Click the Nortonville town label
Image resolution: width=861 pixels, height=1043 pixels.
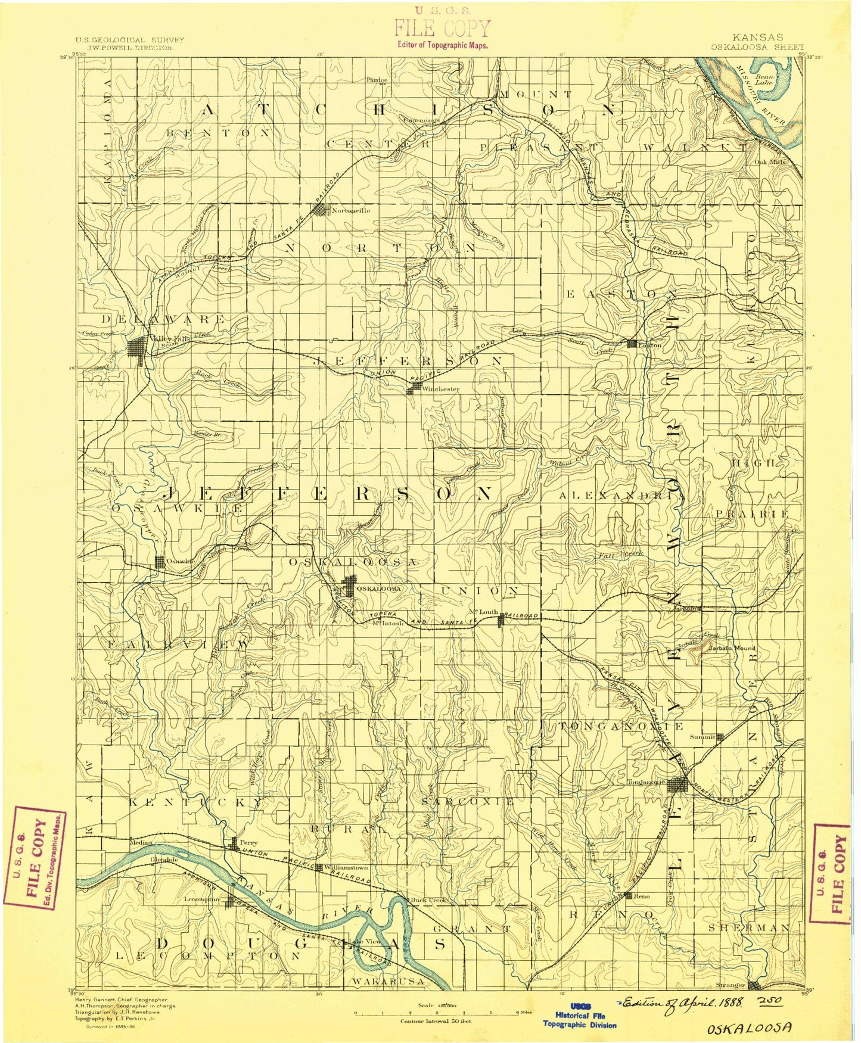tap(351, 210)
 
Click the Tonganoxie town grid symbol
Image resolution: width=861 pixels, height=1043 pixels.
tap(679, 784)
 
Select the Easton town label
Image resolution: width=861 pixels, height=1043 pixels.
tap(650, 345)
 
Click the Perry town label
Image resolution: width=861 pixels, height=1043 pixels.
tap(248, 843)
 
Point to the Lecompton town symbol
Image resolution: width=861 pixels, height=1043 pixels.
tap(233, 903)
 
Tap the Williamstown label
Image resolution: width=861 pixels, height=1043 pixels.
tap(346, 868)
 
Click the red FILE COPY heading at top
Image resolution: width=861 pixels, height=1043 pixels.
tap(443, 28)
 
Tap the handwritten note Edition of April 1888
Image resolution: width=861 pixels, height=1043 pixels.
tap(681, 1002)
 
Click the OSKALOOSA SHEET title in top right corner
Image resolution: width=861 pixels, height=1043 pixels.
tap(757, 47)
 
